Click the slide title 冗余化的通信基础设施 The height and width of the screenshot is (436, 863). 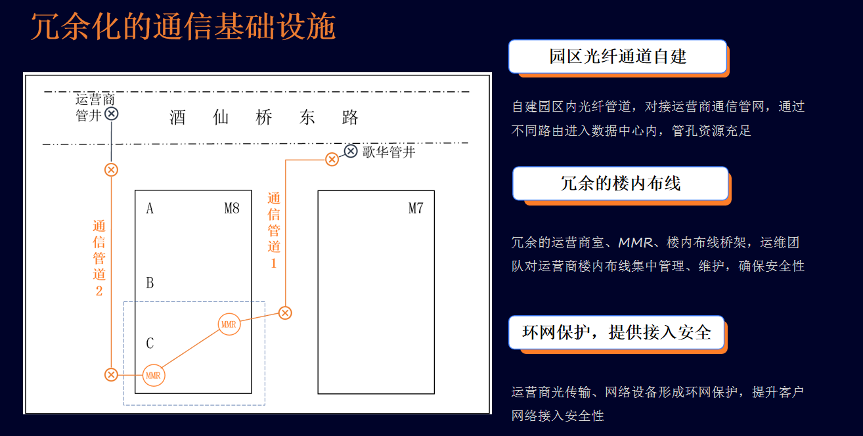[183, 27]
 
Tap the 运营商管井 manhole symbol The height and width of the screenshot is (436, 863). [112, 114]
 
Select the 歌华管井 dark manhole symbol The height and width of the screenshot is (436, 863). [351, 152]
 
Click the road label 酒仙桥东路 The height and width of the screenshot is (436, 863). [264, 118]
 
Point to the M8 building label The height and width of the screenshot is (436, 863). [232, 209]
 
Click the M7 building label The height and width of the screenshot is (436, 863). [416, 209]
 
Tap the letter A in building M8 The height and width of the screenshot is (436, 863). [150, 209]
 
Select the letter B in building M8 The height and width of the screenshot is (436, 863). [150, 283]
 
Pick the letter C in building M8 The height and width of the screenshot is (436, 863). [150, 343]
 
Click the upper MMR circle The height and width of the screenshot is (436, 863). [229, 324]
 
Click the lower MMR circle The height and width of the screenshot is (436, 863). [153, 376]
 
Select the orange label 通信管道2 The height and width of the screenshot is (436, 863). [99, 258]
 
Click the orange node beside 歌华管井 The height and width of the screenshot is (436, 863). [332, 159]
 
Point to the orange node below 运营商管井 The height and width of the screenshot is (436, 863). [111, 170]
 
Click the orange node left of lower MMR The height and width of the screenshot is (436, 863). [111, 375]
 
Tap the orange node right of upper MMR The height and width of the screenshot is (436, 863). [285, 313]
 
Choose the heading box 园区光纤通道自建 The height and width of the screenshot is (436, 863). [617, 56]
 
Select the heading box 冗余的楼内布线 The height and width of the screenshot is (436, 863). [620, 183]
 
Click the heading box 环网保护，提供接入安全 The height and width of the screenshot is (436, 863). [616, 332]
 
